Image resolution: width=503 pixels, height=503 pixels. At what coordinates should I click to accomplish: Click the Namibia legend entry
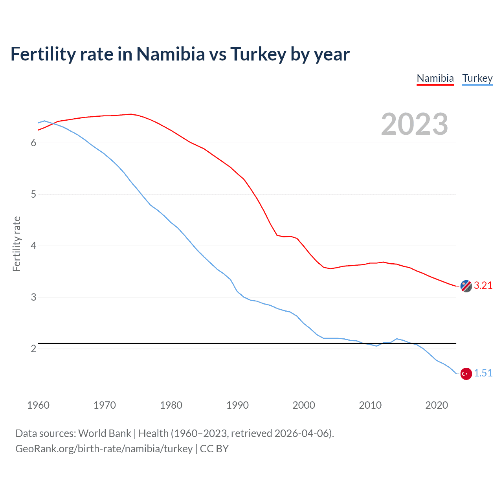(x=435, y=78)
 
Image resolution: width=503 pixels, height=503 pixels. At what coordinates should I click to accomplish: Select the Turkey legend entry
(x=477, y=78)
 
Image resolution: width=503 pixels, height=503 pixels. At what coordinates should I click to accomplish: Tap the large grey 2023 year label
(x=415, y=124)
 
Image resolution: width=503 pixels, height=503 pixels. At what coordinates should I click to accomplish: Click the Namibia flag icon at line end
(x=466, y=286)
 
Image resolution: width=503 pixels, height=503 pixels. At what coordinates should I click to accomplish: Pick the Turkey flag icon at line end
(x=466, y=374)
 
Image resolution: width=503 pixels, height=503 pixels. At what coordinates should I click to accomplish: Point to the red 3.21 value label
(x=483, y=286)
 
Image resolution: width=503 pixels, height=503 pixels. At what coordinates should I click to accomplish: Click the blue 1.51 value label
(x=483, y=373)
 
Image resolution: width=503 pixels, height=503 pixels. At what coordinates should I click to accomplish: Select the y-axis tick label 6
(x=33, y=143)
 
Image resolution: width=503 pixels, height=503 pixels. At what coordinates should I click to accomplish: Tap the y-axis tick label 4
(x=33, y=246)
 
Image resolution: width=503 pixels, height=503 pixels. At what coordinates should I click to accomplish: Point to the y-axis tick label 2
(x=33, y=349)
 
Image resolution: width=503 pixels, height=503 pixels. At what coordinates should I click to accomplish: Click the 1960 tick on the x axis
(x=38, y=405)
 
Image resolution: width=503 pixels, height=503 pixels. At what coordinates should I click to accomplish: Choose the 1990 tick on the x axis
(x=237, y=405)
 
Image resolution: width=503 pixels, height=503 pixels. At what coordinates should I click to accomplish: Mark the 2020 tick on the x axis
(x=437, y=405)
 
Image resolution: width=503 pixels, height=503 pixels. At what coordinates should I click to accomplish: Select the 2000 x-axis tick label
(x=304, y=405)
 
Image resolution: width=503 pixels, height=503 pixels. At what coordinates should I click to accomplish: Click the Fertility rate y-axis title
(x=17, y=244)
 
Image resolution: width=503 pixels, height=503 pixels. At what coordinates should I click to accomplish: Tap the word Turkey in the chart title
(x=258, y=54)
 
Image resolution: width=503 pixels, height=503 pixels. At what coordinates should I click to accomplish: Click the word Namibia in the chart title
(x=171, y=54)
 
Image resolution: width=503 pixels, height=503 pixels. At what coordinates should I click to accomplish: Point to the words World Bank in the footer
(x=105, y=433)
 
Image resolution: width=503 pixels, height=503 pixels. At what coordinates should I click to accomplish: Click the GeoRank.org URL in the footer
(x=104, y=449)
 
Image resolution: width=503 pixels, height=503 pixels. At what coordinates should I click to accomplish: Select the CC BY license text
(x=214, y=449)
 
